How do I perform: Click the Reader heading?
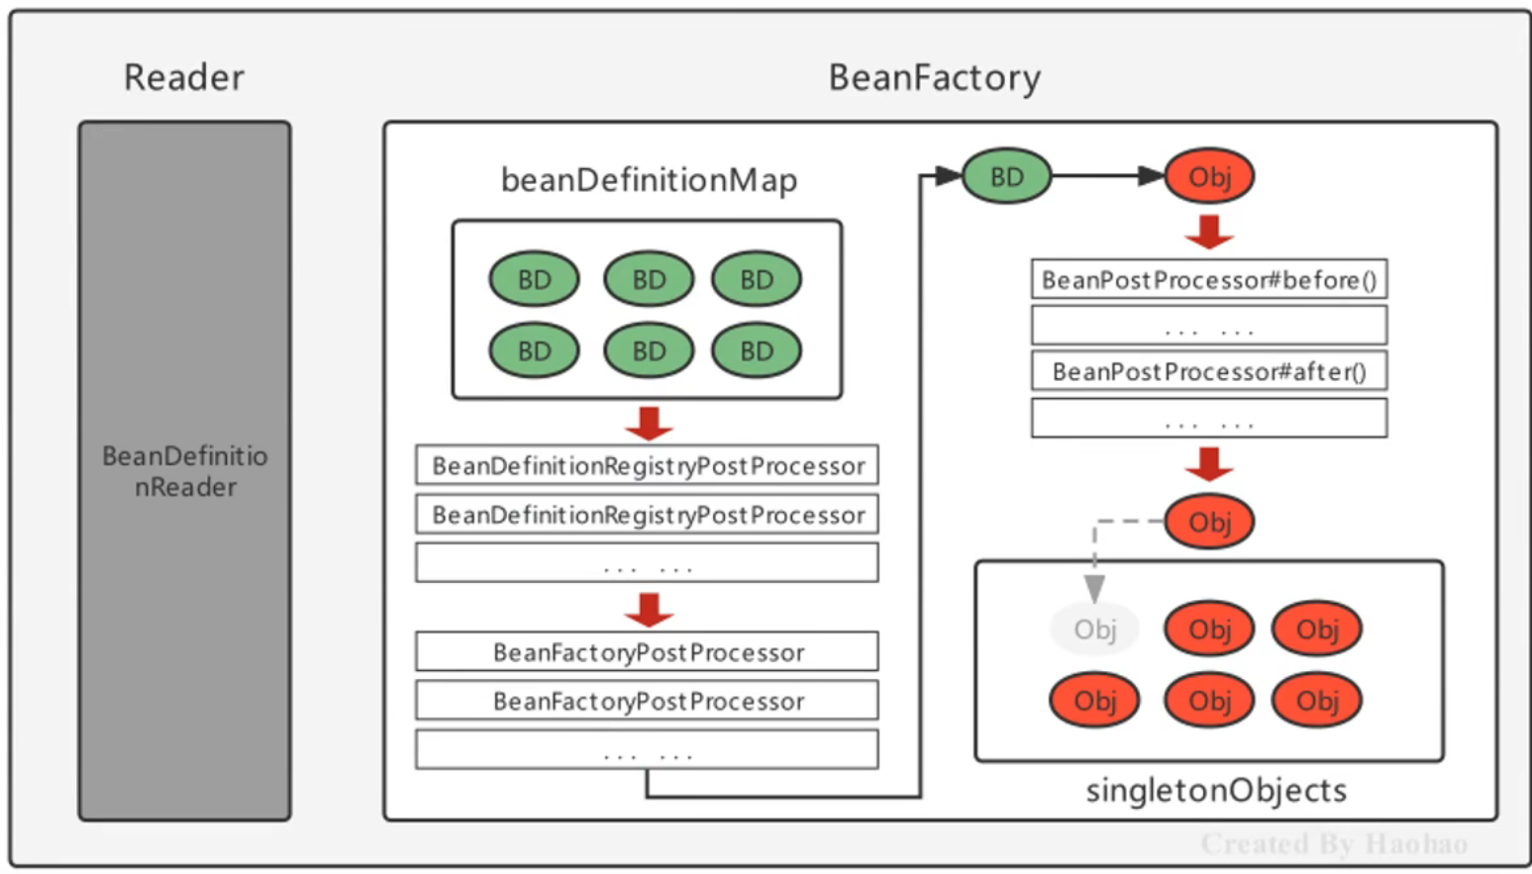click(x=183, y=77)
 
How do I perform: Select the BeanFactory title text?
click(x=934, y=77)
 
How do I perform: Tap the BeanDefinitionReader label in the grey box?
click(x=185, y=471)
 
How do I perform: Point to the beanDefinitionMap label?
click(x=649, y=180)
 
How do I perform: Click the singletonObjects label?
click(x=1215, y=790)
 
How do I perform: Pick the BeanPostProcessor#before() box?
click(x=1208, y=280)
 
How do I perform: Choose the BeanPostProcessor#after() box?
click(x=1208, y=371)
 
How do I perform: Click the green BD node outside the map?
click(x=1006, y=176)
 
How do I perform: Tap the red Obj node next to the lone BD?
click(x=1209, y=176)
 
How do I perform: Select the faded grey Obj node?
click(x=1094, y=630)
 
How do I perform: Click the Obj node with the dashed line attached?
click(x=1209, y=522)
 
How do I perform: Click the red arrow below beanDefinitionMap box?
click(x=649, y=423)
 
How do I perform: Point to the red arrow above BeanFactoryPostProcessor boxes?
click(x=649, y=610)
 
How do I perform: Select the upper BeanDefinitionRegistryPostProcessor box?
click(x=647, y=465)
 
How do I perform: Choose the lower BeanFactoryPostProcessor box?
click(x=647, y=701)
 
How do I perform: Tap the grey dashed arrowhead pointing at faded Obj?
click(x=1094, y=589)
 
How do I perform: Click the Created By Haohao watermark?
click(x=1333, y=843)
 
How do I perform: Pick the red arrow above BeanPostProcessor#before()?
click(x=1209, y=233)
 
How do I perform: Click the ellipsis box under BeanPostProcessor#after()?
click(x=1208, y=419)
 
